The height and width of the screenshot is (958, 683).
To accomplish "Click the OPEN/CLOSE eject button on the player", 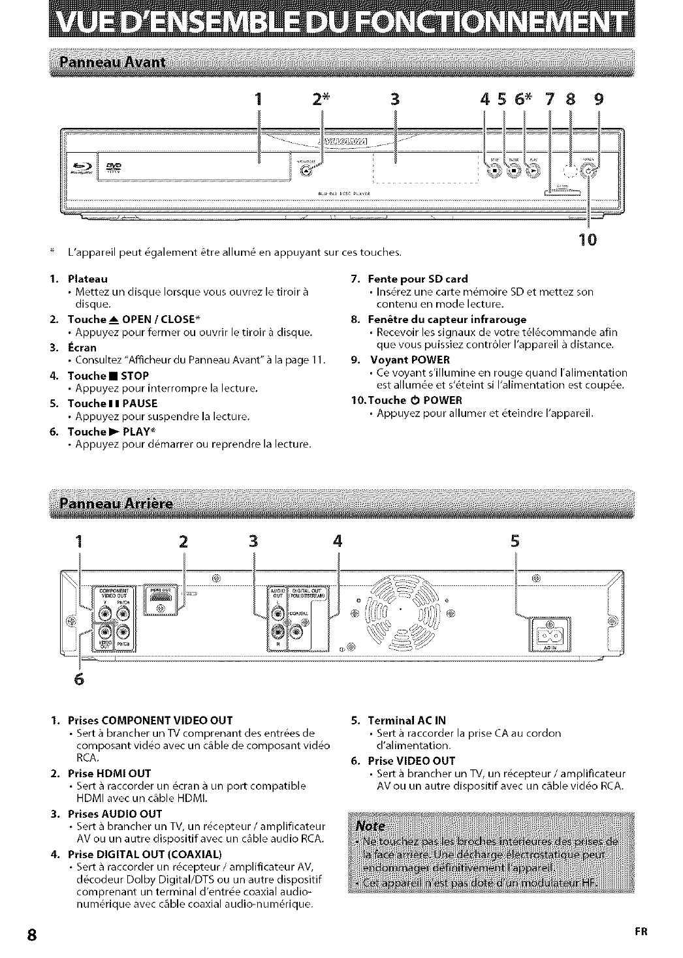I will [306, 171].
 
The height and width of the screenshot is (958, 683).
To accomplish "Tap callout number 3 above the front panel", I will [394, 99].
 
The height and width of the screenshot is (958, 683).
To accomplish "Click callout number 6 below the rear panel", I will [80, 679].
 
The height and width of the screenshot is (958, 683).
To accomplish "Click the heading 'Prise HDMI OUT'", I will [110, 773].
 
